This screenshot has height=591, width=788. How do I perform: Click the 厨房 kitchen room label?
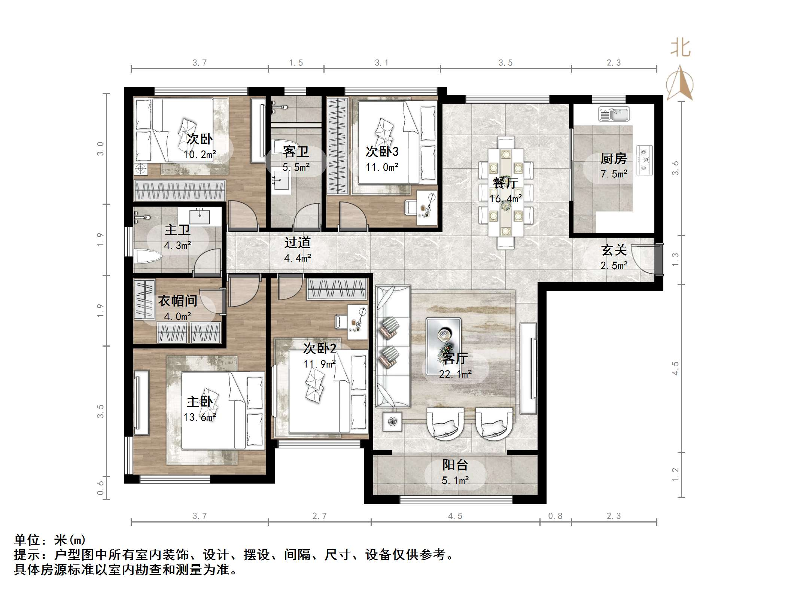click(x=613, y=159)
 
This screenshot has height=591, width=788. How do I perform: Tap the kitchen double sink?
click(x=614, y=114)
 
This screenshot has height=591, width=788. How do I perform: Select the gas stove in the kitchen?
click(x=645, y=160)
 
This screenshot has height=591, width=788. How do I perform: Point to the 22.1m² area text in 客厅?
click(x=455, y=374)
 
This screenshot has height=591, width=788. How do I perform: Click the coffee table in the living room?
click(x=444, y=335)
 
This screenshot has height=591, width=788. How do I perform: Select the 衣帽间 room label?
click(x=177, y=301)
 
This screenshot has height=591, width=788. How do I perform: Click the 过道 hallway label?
click(x=297, y=243)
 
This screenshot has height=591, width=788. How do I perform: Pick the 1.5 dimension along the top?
click(x=296, y=63)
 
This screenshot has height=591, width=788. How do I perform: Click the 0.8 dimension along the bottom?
click(x=555, y=516)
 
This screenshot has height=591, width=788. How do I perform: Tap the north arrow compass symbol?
click(x=680, y=84)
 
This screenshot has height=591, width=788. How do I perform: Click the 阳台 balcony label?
click(x=455, y=465)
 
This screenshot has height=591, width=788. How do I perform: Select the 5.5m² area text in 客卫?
click(x=296, y=167)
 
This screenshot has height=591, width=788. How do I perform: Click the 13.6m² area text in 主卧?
click(x=200, y=417)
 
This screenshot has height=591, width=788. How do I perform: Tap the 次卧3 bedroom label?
click(x=382, y=152)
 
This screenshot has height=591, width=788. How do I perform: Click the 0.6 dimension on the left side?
click(x=100, y=488)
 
